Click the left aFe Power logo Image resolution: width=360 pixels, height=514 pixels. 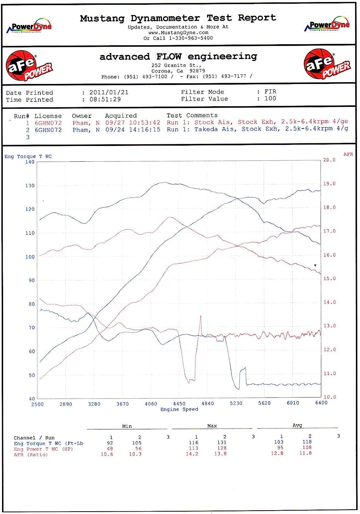[29, 65]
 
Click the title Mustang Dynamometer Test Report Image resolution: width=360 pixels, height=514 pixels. [178, 18]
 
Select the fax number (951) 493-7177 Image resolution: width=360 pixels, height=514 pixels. [224, 76]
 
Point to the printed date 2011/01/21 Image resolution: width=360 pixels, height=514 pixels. [109, 93]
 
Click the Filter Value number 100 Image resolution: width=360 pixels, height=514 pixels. [270, 99]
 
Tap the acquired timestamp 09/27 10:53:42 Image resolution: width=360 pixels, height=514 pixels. [133, 123]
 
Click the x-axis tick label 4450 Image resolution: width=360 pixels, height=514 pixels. [179, 404]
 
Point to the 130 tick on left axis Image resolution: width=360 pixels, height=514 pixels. [30, 186]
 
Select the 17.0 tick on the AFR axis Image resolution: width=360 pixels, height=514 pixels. [330, 231]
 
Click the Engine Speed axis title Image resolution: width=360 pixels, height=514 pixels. [179, 409]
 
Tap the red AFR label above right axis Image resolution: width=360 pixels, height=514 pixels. [348, 155]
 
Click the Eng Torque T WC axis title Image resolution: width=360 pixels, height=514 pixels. [28, 157]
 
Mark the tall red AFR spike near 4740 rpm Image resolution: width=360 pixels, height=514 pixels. [200, 317]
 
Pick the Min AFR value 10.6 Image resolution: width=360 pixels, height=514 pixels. [107, 454]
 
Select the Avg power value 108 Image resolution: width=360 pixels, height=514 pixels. [307, 448]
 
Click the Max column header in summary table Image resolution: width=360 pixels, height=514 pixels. [212, 426]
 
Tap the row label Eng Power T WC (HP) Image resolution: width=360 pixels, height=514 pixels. [44, 449]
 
